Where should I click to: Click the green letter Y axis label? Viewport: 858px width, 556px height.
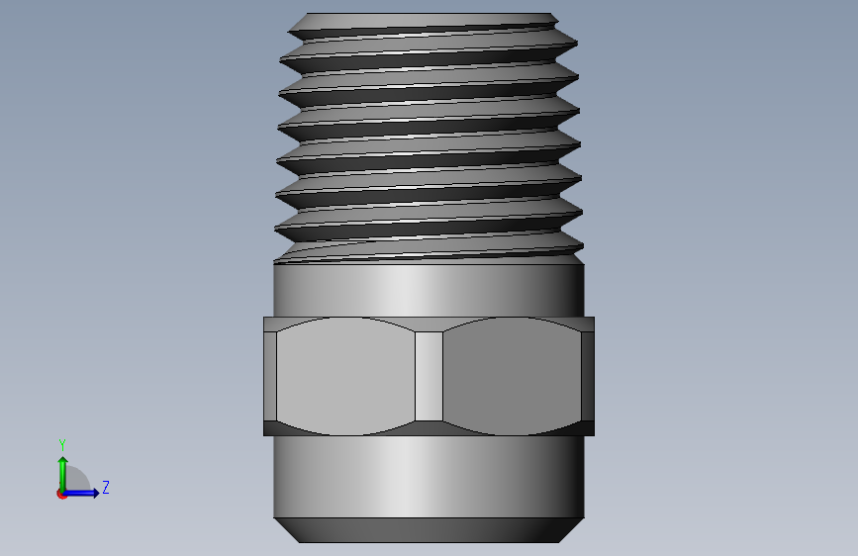point(62,445)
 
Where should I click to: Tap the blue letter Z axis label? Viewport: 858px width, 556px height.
point(106,487)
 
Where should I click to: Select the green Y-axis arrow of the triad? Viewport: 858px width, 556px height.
point(63,475)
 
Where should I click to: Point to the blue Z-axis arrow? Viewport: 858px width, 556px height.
point(80,493)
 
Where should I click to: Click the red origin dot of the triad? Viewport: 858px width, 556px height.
point(61,494)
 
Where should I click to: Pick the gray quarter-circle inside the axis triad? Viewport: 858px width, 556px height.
point(77,480)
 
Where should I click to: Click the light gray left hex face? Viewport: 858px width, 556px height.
point(345,377)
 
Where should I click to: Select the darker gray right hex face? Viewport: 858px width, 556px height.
point(512,377)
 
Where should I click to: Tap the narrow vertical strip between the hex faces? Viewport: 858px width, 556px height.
point(429,377)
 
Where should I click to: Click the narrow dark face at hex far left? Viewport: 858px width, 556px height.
point(270,377)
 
